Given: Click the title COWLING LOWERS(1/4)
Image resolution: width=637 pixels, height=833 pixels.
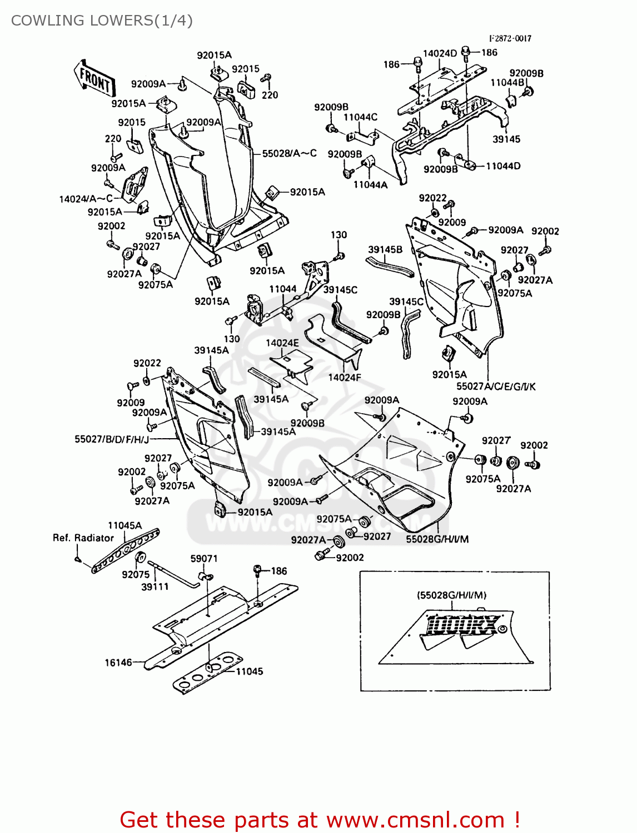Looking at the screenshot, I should tap(102, 21).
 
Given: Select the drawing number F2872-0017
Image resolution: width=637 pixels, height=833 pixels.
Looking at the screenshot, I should tap(510, 38).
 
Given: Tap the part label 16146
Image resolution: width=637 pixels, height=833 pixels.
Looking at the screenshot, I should tap(118, 663).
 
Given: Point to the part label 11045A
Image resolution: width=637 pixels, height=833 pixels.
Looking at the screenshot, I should tap(125, 525).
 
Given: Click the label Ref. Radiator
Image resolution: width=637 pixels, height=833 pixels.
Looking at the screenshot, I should tap(83, 538).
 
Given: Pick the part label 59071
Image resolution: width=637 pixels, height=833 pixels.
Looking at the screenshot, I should tap(204, 559).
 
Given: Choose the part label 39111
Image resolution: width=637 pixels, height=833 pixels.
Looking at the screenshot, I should tap(155, 586).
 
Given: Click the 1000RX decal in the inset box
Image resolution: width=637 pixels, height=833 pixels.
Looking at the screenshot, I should tap(462, 625).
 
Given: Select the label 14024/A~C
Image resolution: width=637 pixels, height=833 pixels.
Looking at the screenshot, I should tap(86, 199).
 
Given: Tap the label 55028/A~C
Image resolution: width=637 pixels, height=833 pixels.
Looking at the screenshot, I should tap(289, 153).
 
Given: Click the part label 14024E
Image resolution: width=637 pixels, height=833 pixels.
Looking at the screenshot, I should tap(282, 343).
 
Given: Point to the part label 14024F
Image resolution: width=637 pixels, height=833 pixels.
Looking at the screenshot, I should tap(344, 378).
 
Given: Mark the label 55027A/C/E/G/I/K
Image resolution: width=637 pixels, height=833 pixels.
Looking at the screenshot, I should tap(496, 387).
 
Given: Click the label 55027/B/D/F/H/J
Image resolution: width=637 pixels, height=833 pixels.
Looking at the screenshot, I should tap(112, 439).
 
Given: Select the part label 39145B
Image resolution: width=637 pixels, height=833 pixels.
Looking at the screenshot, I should tap(385, 250).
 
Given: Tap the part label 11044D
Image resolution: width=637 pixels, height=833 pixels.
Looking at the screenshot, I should tap(503, 166).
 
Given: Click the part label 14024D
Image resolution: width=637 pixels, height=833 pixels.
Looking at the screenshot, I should tap(440, 53).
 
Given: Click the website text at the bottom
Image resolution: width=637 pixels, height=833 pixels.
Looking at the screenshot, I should tap(320, 820).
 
